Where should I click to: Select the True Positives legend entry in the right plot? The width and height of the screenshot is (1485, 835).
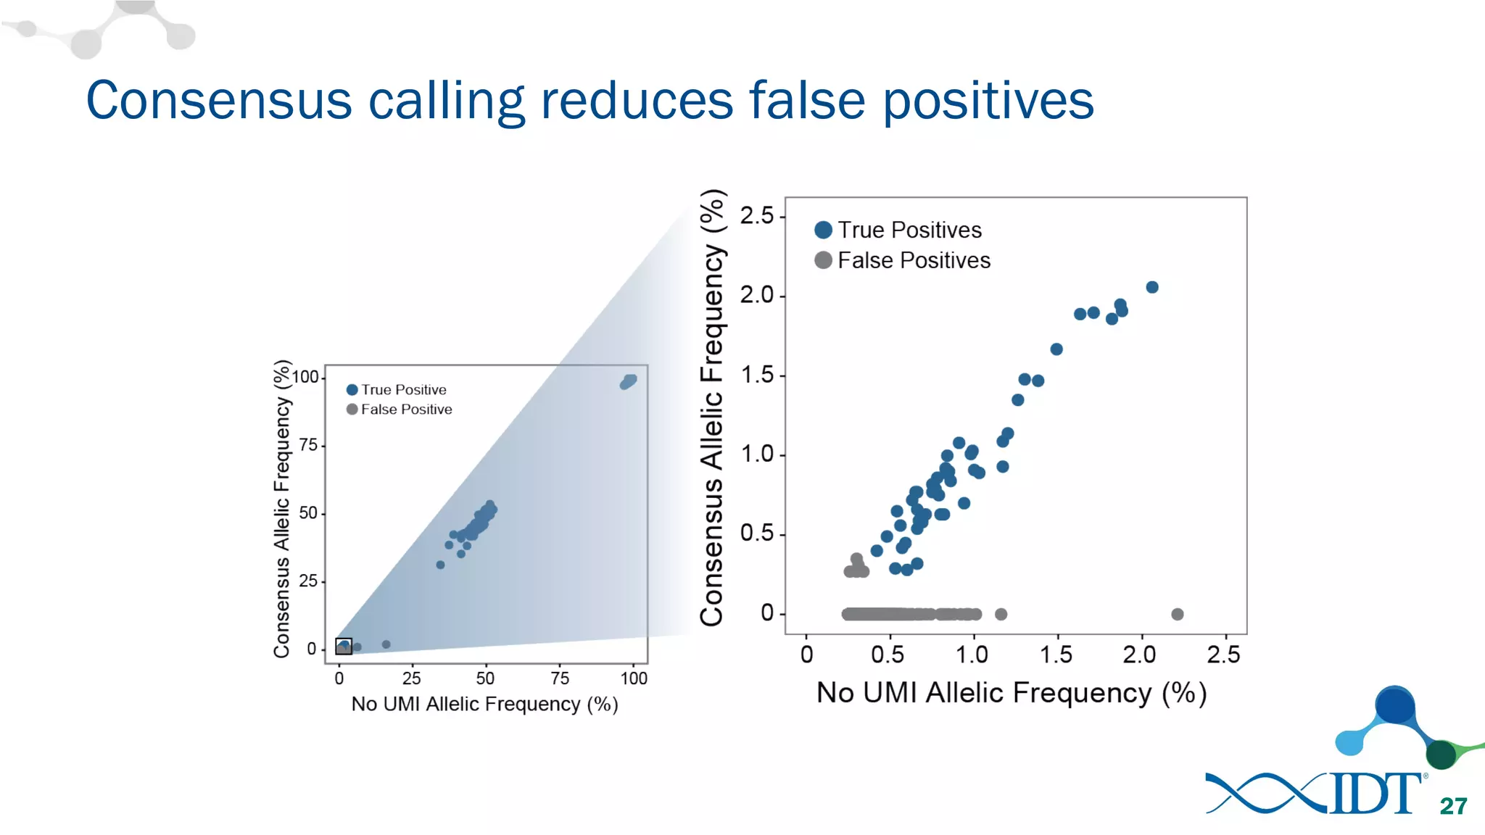tap(898, 230)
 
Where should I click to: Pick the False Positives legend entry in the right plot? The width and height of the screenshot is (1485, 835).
tap(903, 260)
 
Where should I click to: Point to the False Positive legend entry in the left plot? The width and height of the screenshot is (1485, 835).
tap(400, 410)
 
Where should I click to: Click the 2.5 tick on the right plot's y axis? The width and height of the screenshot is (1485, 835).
tap(757, 216)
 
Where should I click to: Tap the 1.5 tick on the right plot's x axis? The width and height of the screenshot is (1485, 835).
tap(1056, 655)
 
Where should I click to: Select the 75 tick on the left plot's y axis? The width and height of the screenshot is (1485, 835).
tap(309, 445)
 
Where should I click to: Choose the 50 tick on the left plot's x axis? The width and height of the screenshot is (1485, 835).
tap(485, 678)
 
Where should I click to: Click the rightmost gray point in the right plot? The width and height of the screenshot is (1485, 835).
tap(1178, 614)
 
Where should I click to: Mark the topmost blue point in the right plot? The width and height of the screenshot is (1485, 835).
tap(1152, 287)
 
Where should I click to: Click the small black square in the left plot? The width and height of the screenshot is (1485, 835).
tap(344, 646)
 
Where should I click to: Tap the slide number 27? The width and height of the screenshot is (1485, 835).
tap(1453, 806)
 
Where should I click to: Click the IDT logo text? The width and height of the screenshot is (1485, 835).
tap(1375, 794)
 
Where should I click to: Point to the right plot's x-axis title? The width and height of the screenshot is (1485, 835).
tap(1012, 693)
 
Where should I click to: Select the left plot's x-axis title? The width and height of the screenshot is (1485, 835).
tap(484, 705)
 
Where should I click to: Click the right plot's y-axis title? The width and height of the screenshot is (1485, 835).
tap(712, 407)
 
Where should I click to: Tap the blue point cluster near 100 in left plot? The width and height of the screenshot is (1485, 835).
tap(629, 381)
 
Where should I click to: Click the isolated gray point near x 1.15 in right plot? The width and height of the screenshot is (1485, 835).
tap(1001, 614)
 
